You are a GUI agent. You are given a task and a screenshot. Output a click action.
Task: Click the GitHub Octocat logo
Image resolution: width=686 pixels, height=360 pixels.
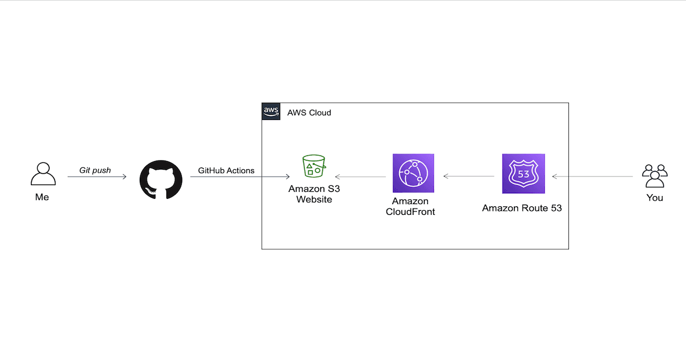pos(161,179)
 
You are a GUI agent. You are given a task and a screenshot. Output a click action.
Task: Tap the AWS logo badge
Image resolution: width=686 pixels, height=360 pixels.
pos(271,112)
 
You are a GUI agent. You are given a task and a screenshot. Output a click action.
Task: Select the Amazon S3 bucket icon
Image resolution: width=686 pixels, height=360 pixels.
pos(313,165)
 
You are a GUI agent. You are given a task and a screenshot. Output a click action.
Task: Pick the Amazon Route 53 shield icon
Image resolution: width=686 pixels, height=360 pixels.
pos(523,174)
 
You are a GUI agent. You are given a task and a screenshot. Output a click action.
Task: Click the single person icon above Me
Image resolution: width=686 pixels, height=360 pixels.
pos(43,174)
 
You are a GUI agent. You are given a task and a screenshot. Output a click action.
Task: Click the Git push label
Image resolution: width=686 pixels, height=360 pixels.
pos(95,170)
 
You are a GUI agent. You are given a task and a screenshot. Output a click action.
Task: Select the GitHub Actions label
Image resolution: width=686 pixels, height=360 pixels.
pos(226,170)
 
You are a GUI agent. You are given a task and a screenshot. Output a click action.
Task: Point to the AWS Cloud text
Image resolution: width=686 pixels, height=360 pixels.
pos(309,113)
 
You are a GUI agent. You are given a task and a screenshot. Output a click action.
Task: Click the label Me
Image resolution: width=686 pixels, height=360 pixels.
pos(42,197)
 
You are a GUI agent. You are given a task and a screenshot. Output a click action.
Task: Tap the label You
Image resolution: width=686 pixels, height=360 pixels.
pos(655,198)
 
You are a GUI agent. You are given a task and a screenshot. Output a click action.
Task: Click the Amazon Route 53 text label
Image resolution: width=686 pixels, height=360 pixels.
pos(522,208)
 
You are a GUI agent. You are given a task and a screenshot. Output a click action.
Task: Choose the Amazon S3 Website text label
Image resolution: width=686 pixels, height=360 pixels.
pos(314,194)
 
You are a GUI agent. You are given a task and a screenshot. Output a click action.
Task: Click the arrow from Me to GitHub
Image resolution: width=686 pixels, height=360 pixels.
pos(97,177)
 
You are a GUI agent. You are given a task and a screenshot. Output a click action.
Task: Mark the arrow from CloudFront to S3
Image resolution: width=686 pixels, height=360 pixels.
pos(360,177)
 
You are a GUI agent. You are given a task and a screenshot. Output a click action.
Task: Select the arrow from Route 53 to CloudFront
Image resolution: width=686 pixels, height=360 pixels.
pos(469,177)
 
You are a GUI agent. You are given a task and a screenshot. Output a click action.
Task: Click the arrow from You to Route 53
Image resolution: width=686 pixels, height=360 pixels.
pos(592,177)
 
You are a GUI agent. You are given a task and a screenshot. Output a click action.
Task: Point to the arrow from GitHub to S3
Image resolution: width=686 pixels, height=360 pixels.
pos(240,177)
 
